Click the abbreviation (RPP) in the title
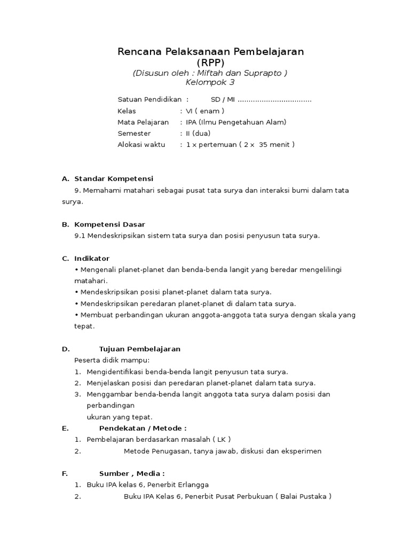[210, 62]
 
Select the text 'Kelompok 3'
[210, 83]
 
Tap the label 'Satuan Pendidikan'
[149, 100]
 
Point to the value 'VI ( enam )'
[205, 111]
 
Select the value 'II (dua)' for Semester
[198, 134]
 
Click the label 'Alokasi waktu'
[141, 145]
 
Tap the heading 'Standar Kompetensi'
[114, 178]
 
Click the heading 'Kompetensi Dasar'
[109, 224]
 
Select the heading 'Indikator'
[92, 259]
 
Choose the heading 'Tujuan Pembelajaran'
[140, 349]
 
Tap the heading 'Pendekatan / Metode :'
[143, 428]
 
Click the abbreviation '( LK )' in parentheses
[221, 440]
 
